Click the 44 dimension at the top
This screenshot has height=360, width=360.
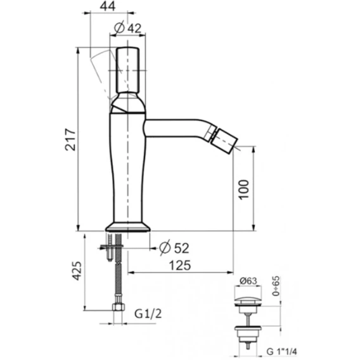[108, 6]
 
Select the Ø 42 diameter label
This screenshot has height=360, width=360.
[127, 28]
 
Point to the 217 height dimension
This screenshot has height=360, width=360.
[70, 139]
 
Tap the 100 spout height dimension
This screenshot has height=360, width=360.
[243, 190]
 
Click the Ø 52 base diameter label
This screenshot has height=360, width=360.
[174, 247]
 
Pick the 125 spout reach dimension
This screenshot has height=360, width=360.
[180, 265]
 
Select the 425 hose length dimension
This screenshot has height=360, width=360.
[77, 271]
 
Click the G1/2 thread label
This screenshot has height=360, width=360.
[148, 314]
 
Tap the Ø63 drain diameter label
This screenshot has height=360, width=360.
[248, 281]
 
